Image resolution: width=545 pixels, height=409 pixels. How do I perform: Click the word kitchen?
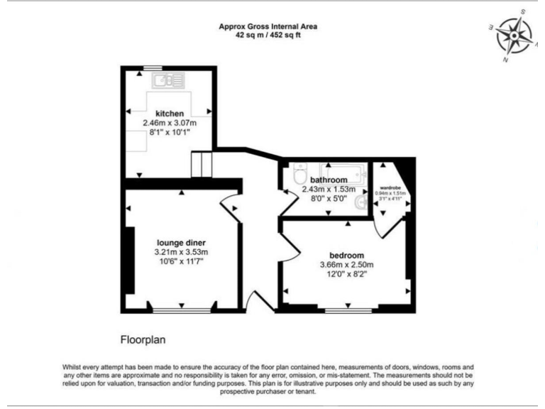pyautogui.click(x=170, y=114)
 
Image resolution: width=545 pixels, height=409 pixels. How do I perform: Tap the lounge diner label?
pyautogui.click(x=181, y=243)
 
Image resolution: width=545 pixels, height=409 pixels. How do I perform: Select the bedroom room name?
pyautogui.click(x=346, y=256)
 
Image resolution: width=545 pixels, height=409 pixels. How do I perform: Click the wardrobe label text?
pyautogui.click(x=391, y=187)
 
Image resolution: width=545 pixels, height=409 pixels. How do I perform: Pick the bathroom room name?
pyautogui.click(x=327, y=180)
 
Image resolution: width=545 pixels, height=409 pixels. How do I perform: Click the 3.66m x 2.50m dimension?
pyautogui.click(x=346, y=266)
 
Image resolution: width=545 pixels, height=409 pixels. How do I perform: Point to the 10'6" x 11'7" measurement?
pyautogui.click(x=181, y=262)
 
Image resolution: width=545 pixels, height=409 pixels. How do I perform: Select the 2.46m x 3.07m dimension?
pyautogui.click(x=170, y=123)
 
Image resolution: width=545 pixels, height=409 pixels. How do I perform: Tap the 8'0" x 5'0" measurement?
pyautogui.click(x=327, y=200)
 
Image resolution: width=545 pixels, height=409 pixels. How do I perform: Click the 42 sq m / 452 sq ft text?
pyautogui.click(x=268, y=35)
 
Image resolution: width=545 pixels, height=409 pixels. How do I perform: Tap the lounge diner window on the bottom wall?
pyautogui.click(x=182, y=310)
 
